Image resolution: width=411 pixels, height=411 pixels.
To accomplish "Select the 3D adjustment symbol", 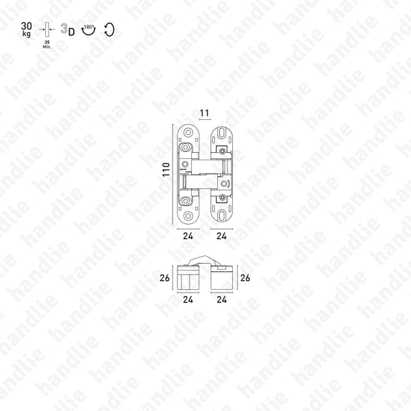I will click(67, 29).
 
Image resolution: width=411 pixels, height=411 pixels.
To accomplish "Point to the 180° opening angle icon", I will click(88, 30).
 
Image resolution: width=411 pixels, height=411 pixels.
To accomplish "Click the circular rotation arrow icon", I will click(108, 29).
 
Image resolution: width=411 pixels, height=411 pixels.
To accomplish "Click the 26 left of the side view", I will click(164, 279).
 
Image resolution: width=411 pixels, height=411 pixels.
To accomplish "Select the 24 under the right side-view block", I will click(222, 300).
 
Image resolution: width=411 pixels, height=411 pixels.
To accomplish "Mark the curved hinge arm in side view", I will click(203, 260).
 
